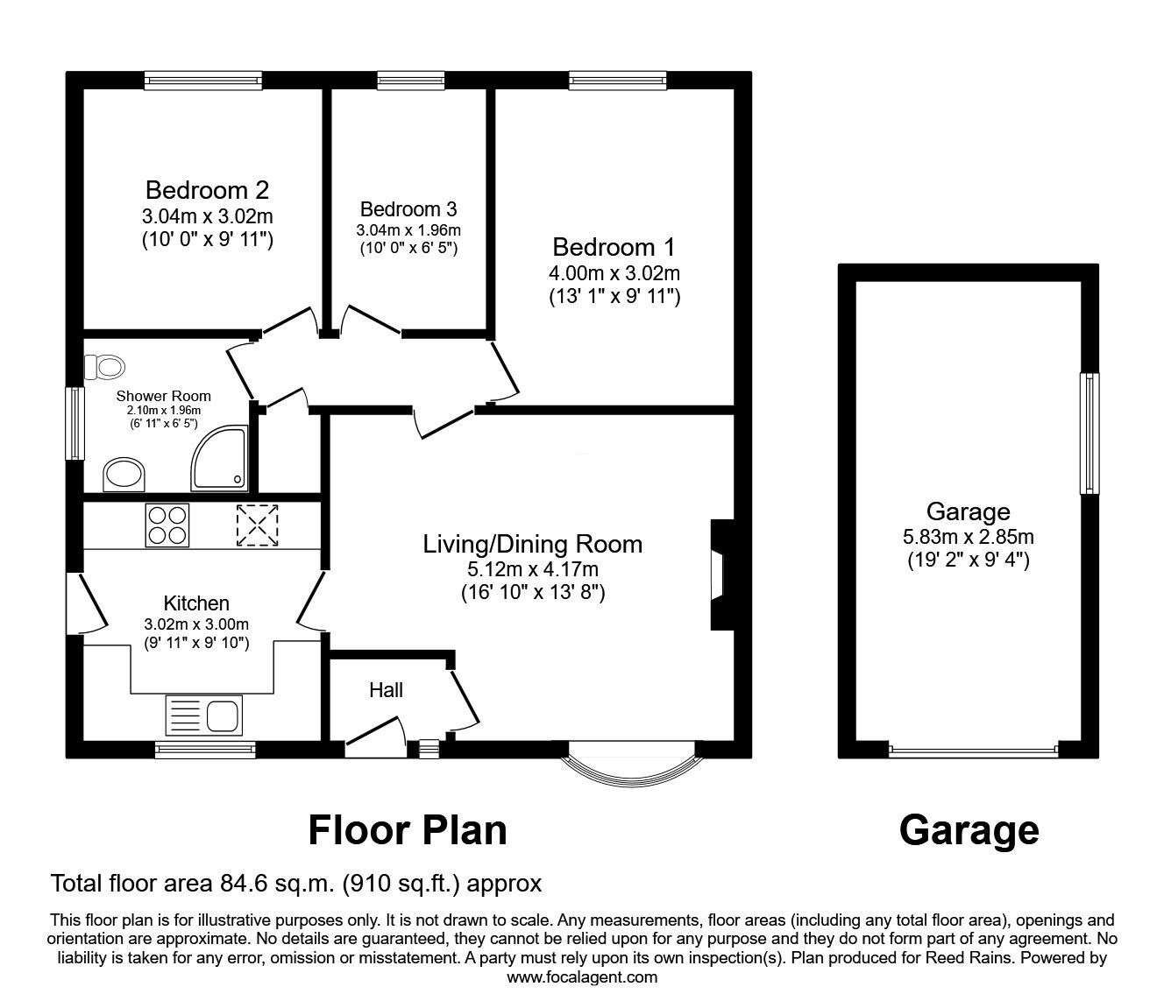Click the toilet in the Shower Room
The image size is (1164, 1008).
coord(104,367)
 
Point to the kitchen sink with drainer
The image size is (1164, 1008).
coord(202,715)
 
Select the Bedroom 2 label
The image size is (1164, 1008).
coord(207,189)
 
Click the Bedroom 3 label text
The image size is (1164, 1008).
coord(408,209)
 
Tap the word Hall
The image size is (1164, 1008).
coord(386,690)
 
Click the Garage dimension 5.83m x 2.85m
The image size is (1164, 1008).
coord(968,537)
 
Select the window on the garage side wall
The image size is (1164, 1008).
coord(1089,433)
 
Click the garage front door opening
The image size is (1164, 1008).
coord(973,750)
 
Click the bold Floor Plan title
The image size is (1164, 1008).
coord(408,829)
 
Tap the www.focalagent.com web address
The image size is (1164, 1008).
coord(582,977)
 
